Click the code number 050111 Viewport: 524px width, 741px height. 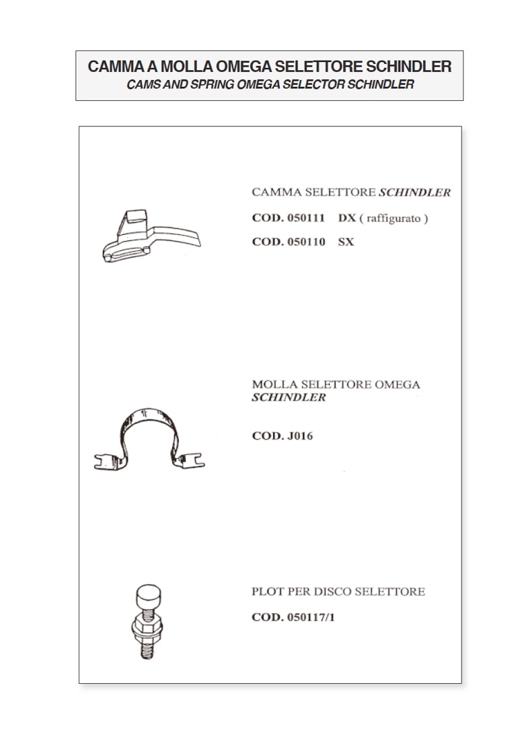coord(306,218)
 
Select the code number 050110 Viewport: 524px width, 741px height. coord(306,242)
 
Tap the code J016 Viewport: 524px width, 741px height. coord(300,435)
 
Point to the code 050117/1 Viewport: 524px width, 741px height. coord(311,617)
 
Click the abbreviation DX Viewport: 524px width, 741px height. coord(347,218)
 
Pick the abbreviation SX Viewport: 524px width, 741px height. coord(346,242)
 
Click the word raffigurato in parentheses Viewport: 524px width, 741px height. coord(394,219)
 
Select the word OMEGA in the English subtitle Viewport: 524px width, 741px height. coord(258,85)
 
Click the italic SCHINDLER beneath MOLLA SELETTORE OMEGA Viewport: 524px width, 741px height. coord(289,398)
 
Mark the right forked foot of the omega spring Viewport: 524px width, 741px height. coord(191,460)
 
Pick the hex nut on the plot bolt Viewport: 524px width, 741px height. coord(147,626)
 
